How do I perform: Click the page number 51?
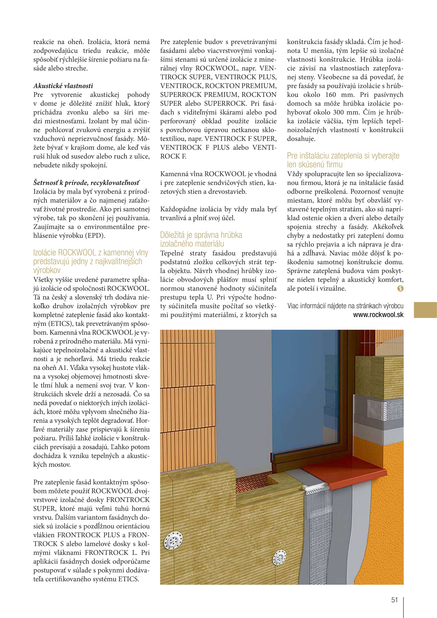394,600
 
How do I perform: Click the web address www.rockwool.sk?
378,315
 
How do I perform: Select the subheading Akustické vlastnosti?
63,86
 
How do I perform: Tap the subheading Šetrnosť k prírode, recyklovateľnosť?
86,183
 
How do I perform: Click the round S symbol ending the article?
400,289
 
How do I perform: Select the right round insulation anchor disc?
280,557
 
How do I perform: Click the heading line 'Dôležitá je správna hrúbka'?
201,235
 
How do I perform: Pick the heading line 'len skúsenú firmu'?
315,164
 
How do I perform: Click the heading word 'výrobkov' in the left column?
47,270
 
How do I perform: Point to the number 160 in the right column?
331,95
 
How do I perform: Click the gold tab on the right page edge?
425,310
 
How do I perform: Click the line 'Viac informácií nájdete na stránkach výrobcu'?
345,306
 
